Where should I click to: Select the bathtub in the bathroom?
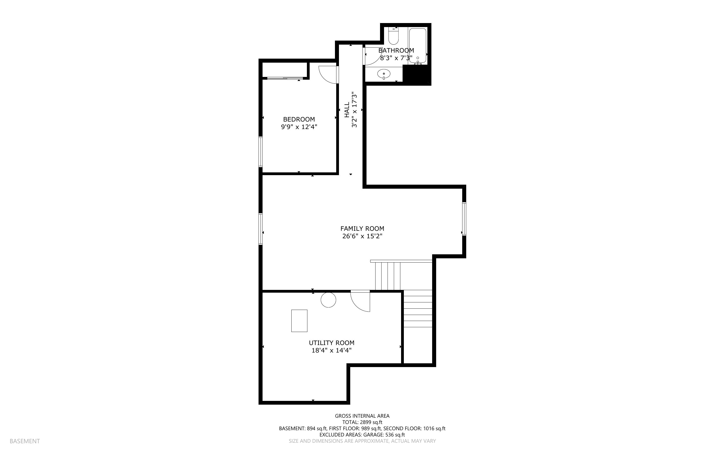coord(418,46)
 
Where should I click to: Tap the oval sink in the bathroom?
coord(384,74)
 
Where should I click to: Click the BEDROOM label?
coord(299,119)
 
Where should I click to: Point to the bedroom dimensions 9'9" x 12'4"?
coord(299,127)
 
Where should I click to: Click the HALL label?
coord(347,110)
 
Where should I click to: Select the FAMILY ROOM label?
coord(362,229)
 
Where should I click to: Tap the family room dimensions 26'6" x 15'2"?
coord(362,236)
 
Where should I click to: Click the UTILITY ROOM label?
coord(331,343)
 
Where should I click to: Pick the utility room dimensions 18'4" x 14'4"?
coord(331,351)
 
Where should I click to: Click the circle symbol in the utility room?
coord(328,300)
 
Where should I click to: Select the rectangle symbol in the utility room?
coord(299,320)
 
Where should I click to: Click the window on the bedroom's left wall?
coord(261,152)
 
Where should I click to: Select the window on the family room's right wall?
coord(464,219)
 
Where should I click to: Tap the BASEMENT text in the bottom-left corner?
coord(25,441)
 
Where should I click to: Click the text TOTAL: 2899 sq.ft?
coord(362,422)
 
